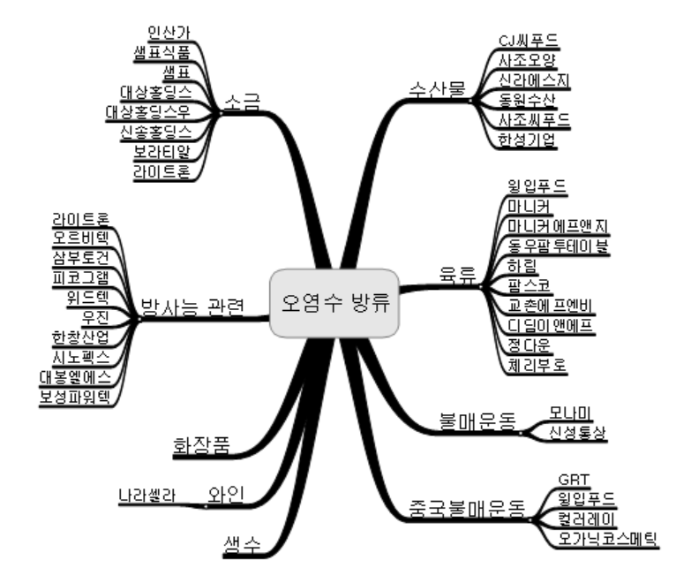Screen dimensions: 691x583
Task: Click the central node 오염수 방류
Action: click(x=335, y=301)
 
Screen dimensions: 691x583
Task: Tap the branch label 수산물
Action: click(x=435, y=87)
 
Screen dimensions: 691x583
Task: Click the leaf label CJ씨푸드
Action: click(x=527, y=40)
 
